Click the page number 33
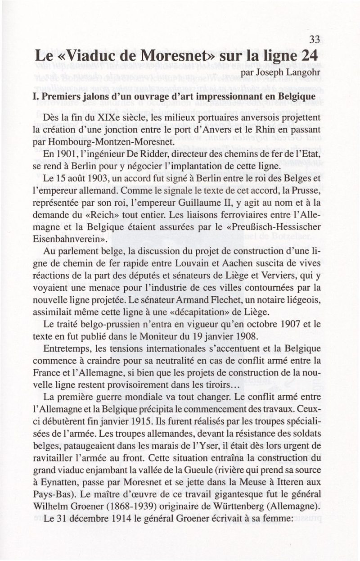pyautogui.click(x=314, y=40)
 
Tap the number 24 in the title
pyautogui.click(x=310, y=57)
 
